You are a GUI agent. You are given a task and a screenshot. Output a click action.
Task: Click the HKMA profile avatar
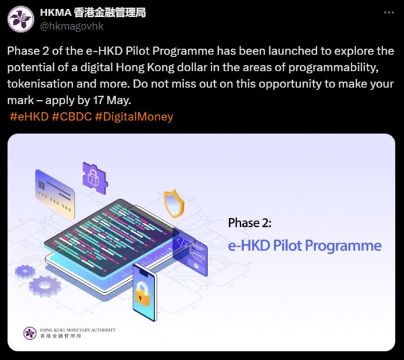(x=21, y=18)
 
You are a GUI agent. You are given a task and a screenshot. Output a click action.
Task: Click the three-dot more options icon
(x=389, y=13)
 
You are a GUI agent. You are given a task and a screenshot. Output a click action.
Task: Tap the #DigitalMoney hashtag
(x=135, y=116)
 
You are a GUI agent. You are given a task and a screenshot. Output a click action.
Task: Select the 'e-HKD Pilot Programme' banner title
(x=304, y=245)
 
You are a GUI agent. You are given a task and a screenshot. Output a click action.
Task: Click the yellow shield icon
(x=174, y=203)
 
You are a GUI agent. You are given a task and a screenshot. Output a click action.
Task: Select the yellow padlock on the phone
(x=143, y=293)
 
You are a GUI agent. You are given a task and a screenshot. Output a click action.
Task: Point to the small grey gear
(x=24, y=271)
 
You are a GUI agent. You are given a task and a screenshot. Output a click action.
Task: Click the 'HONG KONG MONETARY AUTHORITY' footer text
(x=78, y=330)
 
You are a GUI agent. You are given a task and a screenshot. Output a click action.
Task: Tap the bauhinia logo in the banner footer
(x=30, y=333)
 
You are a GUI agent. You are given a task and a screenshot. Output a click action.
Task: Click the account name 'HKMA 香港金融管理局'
(x=92, y=12)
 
